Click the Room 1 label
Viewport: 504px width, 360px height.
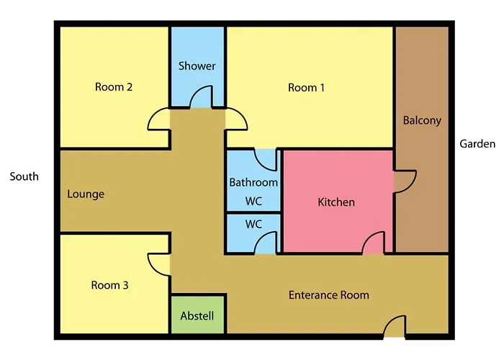coord(306,87)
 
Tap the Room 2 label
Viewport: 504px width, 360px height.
coord(114,87)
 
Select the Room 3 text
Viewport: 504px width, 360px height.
coord(109,285)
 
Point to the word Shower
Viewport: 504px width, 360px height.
coord(197,66)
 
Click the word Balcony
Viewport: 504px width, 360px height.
coord(422,120)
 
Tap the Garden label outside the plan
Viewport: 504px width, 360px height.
coord(477,144)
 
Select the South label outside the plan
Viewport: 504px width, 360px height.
coord(24,176)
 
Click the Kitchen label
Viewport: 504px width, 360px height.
coord(336,202)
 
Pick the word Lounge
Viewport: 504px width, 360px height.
coord(86,194)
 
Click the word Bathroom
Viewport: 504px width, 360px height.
coord(253,183)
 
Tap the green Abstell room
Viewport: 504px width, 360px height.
coord(197,315)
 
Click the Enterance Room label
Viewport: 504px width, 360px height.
coord(329,295)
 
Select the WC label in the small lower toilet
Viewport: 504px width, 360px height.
coord(253,224)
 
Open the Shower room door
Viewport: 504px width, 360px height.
coord(201,97)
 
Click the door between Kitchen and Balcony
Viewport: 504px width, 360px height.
coord(405,181)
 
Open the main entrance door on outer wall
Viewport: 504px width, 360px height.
coord(395,327)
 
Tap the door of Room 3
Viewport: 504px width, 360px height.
coord(159,264)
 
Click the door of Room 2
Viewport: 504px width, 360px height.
coord(159,120)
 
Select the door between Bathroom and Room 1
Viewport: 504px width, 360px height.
coord(266,159)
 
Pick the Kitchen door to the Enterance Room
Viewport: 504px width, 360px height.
coord(373,243)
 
